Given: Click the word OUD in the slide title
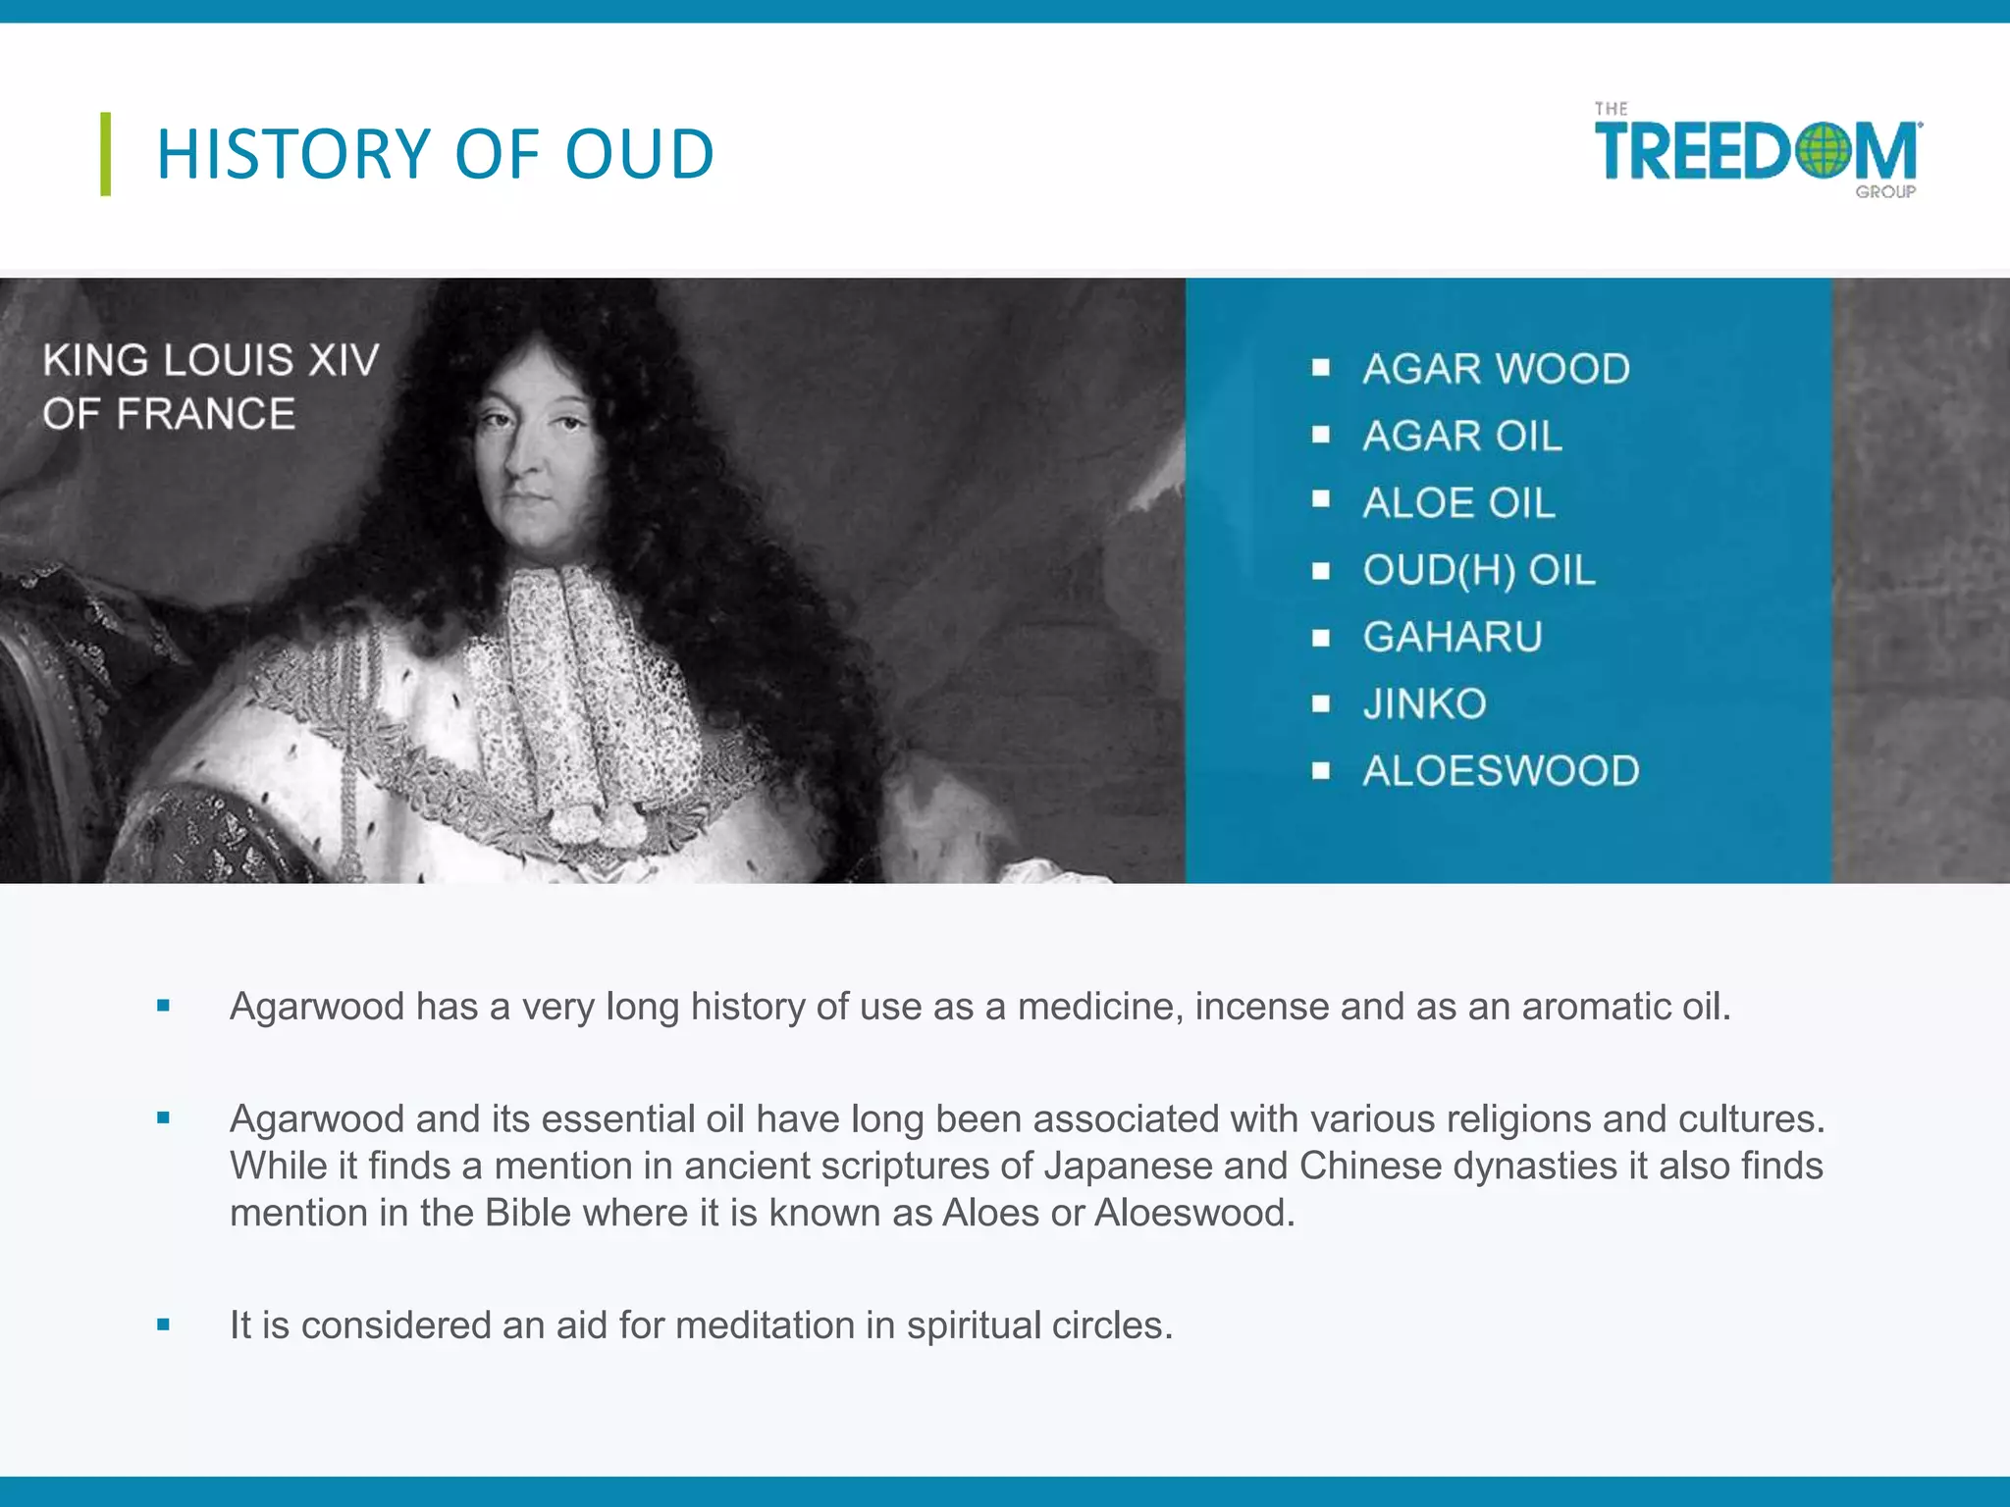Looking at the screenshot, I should tap(639, 155).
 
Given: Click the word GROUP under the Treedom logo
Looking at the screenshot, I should tap(1884, 192).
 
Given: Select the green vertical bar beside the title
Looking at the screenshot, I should tap(106, 154).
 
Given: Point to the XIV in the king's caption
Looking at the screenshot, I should tap(343, 360).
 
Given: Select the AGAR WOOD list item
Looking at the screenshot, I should tap(1496, 369).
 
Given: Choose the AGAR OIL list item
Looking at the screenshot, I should tap(1461, 436).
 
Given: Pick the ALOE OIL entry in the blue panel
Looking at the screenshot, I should tap(1458, 503).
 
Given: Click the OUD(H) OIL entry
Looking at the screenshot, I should tap(1478, 570).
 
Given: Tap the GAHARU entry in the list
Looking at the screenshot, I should tap(1453, 637).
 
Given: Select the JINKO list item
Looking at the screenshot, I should tap(1424, 703).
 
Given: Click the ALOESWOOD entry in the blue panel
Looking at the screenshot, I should tap(1501, 771).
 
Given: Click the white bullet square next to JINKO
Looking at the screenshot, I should tap(1321, 704).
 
